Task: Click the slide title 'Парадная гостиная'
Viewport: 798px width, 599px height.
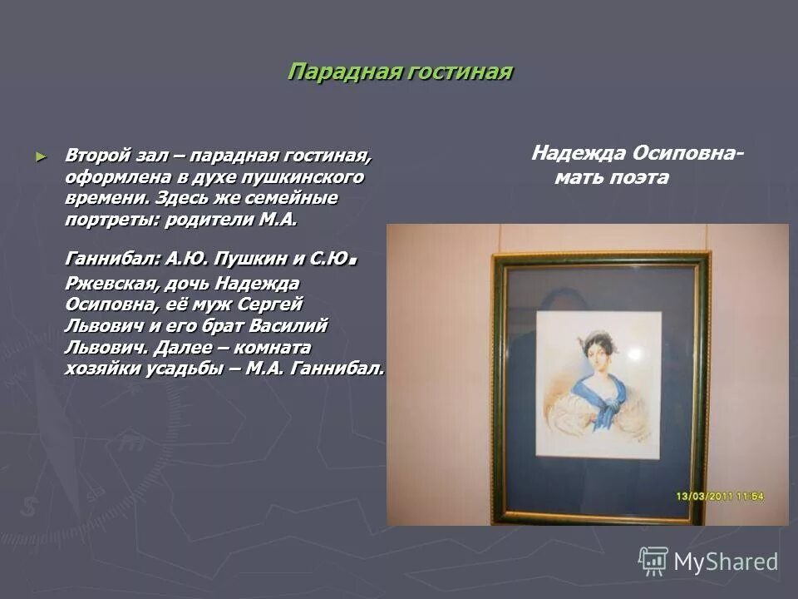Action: (400, 72)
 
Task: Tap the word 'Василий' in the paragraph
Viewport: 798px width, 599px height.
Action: (292, 324)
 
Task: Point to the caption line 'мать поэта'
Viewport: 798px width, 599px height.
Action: (612, 177)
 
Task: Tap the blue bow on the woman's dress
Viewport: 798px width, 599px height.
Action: (613, 407)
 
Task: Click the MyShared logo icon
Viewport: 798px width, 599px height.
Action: (653, 561)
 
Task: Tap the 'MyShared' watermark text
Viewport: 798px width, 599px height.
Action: (726, 562)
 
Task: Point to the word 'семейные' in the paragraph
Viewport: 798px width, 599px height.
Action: (293, 199)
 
